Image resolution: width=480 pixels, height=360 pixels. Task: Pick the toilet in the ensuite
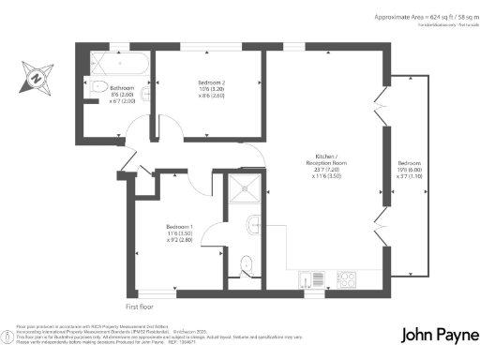(247, 263)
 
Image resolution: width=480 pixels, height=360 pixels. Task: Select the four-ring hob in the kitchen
(346, 278)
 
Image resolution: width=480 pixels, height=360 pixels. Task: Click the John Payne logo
(437, 335)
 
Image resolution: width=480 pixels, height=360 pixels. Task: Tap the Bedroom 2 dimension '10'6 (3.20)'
(208, 89)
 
